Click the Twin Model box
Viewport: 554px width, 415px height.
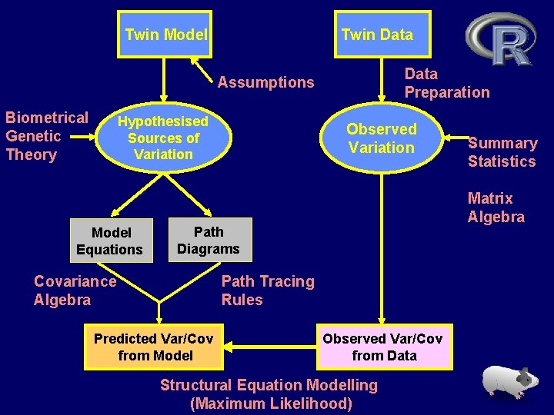(x=165, y=35)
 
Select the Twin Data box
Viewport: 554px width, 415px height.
(x=377, y=35)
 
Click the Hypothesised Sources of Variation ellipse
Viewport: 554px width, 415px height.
(x=162, y=138)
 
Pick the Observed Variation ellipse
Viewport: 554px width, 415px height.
(x=381, y=138)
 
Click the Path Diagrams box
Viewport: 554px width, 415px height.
(x=209, y=240)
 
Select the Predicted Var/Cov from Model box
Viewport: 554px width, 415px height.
(x=155, y=347)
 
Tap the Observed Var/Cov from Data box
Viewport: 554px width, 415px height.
(x=382, y=347)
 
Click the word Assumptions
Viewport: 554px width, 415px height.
(x=265, y=82)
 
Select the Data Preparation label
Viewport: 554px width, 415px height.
(x=446, y=83)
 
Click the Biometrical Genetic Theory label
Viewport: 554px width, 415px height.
(x=46, y=136)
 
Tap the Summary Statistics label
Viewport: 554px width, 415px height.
(x=502, y=152)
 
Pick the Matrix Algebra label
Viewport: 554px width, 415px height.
(x=496, y=207)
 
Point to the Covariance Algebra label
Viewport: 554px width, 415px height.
(x=75, y=290)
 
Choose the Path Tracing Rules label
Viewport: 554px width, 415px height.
(x=268, y=290)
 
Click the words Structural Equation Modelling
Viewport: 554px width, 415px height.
(x=269, y=385)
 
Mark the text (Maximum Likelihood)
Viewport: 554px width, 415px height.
(x=271, y=403)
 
